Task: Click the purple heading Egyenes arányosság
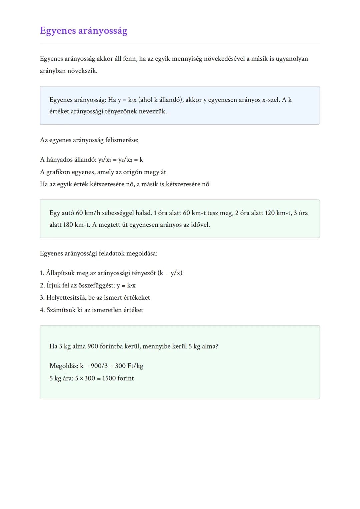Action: (83, 31)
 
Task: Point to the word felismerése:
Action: (122, 140)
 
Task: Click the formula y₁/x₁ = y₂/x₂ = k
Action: (120, 160)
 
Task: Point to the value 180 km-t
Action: (76, 225)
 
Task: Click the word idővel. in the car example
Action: (199, 225)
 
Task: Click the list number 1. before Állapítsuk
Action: (42, 273)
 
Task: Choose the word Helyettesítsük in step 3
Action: (66, 298)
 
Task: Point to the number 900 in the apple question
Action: (93, 346)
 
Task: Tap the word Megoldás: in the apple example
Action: (64, 366)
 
